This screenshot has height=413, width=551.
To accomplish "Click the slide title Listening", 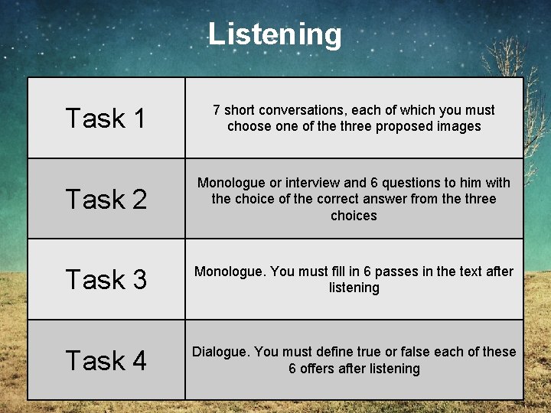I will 275,34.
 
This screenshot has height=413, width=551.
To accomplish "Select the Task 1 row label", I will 106,119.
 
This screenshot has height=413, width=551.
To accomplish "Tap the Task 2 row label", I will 106,199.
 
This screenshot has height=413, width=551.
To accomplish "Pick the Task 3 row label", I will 106,279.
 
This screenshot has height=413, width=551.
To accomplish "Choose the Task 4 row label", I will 106,360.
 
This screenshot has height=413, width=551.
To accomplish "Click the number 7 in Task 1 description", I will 217,110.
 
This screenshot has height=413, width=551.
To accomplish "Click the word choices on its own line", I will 354,216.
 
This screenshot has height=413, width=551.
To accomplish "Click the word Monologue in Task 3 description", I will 225,272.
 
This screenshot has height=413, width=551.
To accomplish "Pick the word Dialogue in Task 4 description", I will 220,352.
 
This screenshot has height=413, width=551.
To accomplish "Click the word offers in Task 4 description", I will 320,369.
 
